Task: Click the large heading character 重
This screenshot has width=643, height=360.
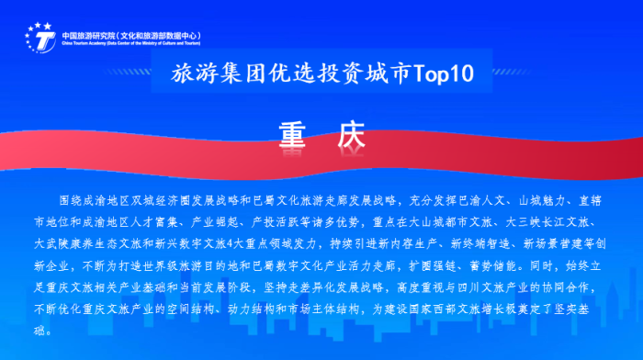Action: coord(291,134)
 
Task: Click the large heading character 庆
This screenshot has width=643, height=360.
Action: coord(351,134)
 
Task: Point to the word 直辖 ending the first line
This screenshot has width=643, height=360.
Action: coord(592,199)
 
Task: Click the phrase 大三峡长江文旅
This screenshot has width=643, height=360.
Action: coord(556,222)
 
